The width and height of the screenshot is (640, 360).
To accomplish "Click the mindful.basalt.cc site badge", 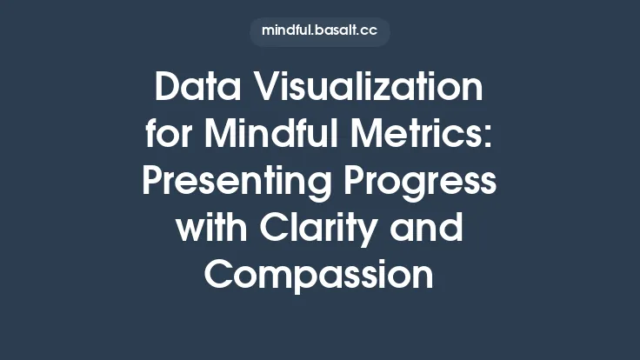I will point(320,32).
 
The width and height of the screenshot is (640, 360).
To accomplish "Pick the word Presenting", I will point(228,183).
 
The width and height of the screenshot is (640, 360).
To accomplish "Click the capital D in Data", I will point(168,89).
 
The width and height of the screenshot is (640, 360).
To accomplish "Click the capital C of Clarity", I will point(269,230).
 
